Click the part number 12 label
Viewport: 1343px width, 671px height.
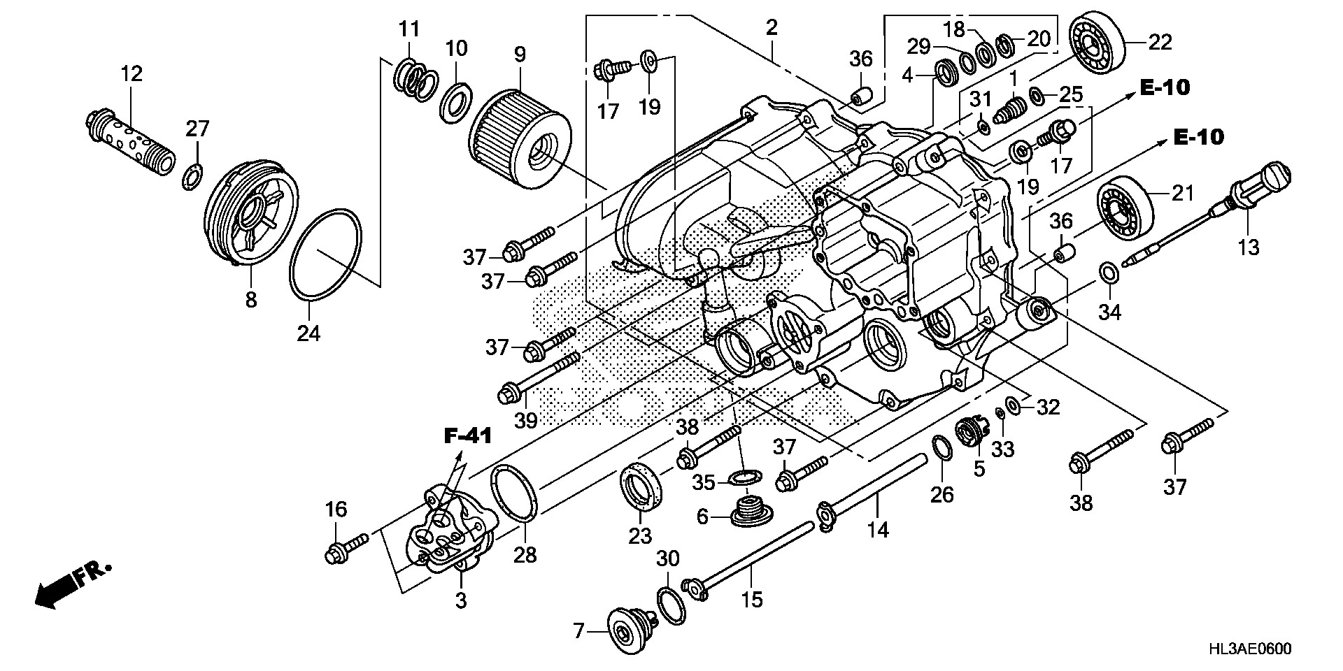point(132,73)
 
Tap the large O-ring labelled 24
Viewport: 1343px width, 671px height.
point(326,255)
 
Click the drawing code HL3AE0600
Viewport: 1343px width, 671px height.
point(1249,649)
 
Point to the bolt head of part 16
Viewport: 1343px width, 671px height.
point(334,556)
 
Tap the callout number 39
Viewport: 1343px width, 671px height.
point(525,420)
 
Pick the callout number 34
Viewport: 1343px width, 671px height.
point(1109,312)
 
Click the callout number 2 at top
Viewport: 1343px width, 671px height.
point(772,28)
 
